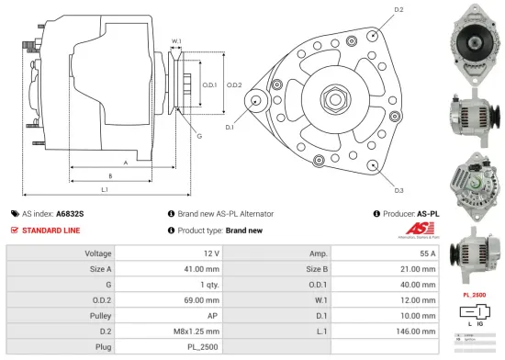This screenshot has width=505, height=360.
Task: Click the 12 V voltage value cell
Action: click(210, 253)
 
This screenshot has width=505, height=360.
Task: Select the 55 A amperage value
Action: click(426, 253)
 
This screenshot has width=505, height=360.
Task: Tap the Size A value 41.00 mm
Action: click(199, 269)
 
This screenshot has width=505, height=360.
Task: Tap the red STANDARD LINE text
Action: click(52, 230)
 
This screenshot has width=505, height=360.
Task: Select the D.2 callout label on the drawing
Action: click(398, 10)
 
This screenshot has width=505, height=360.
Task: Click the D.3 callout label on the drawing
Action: click(398, 190)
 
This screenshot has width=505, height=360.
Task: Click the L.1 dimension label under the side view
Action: click(104, 189)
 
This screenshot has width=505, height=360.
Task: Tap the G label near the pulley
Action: click(198, 136)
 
